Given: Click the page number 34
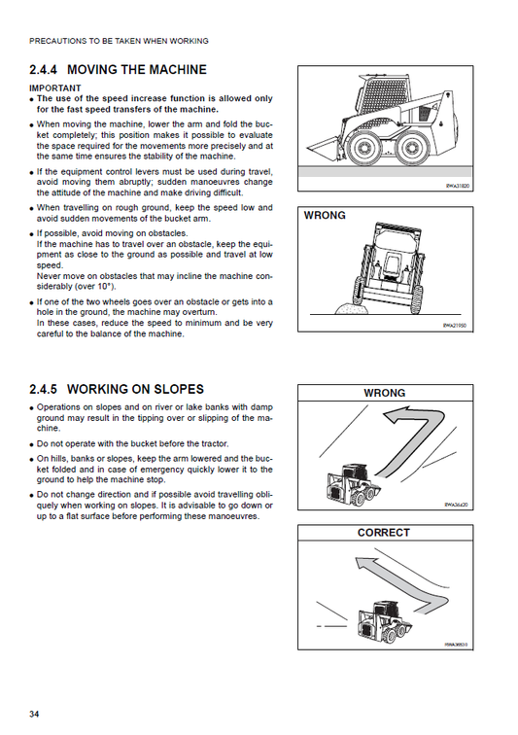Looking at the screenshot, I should (34, 715).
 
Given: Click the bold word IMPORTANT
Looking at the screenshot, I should (55, 87).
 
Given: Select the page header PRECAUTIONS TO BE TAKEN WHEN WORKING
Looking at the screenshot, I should (119, 41).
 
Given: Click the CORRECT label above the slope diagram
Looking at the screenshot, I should (384, 533).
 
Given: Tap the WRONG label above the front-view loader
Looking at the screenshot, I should (325, 215).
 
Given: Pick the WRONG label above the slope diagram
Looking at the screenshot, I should (384, 393).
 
